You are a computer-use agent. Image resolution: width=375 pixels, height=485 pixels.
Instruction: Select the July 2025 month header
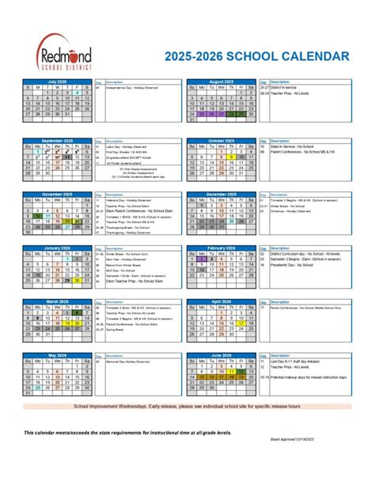(x=56, y=81)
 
